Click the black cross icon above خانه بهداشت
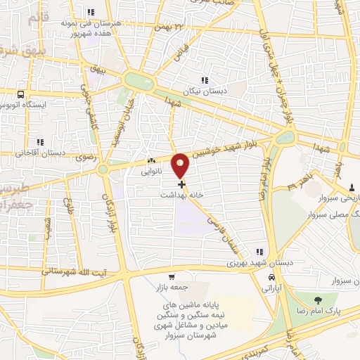(182, 184)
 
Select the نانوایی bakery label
(152, 171)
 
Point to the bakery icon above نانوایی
(152, 161)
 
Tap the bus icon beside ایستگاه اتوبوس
(21, 94)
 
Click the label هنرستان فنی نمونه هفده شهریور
(91, 27)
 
